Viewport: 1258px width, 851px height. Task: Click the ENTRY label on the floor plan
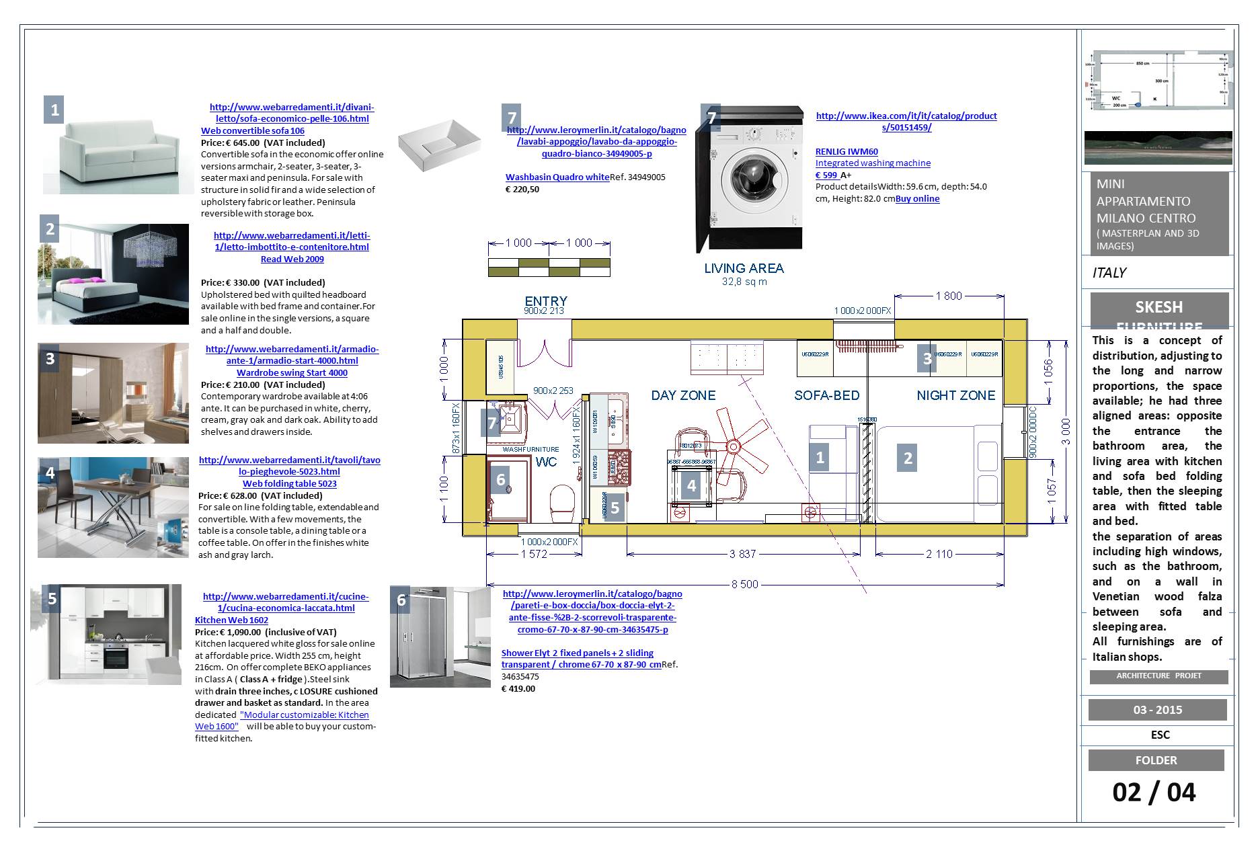point(545,301)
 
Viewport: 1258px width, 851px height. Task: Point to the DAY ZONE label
point(683,395)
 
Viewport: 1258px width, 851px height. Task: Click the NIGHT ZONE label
point(955,395)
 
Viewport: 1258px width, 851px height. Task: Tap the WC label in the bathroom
point(546,462)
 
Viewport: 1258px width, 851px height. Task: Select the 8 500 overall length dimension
point(744,584)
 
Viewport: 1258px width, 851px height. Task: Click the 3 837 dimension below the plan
point(742,554)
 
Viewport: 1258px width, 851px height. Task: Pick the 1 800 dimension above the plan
point(948,296)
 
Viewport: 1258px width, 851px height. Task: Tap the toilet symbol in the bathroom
point(562,505)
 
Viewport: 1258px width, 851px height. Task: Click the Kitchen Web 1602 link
point(231,620)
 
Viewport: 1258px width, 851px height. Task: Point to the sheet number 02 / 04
point(1154,792)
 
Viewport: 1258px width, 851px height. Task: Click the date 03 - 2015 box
point(1157,710)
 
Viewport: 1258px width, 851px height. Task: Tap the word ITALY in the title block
point(1109,273)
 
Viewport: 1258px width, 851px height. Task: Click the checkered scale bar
point(549,267)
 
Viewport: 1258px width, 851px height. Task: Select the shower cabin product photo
point(440,637)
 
